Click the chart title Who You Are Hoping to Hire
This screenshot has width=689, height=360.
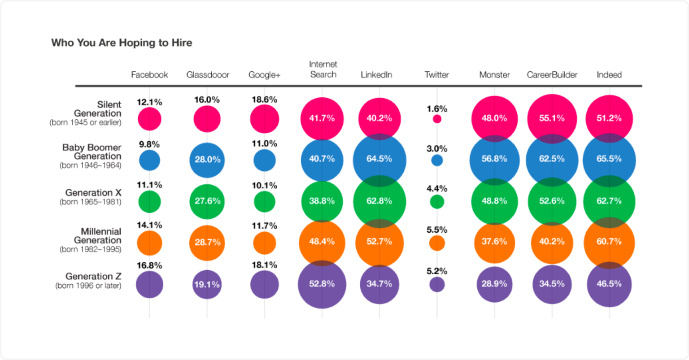122,43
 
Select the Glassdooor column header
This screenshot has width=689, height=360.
208,75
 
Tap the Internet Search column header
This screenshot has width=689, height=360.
323,69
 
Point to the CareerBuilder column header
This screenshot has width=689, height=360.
552,75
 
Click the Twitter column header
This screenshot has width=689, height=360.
436,75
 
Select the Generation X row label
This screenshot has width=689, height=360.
93,193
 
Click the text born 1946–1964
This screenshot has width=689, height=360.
90,165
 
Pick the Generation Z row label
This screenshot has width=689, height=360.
93,276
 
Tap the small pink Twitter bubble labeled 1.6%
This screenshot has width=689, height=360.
437,119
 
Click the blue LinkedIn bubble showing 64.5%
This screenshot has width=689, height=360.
379,159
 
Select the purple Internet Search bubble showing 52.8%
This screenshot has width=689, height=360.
322,284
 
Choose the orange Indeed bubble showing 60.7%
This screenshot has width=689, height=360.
609,242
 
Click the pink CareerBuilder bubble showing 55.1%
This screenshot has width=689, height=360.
552,118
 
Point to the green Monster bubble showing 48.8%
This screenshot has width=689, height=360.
494,201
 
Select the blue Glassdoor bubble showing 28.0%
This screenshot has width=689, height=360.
207,160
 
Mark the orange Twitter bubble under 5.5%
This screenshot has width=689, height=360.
437,243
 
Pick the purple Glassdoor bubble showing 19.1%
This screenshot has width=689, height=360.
207,284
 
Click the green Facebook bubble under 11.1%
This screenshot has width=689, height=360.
149,201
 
